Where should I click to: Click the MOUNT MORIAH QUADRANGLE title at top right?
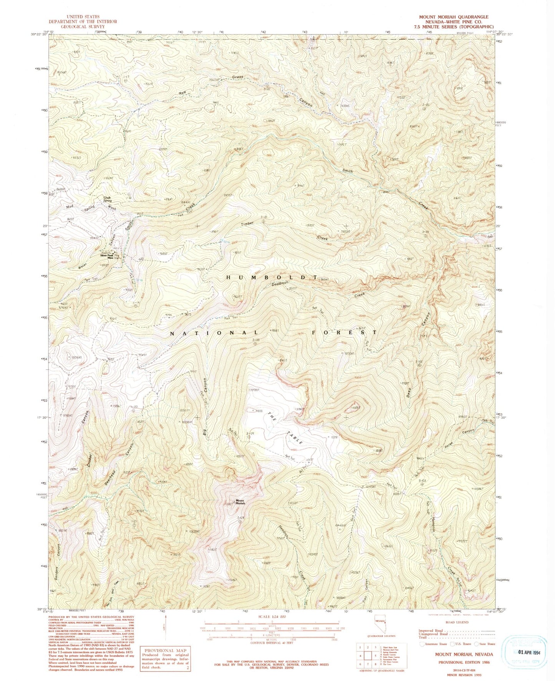tap(454, 17)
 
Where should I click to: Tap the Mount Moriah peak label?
tap(240, 502)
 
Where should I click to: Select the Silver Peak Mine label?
tap(107, 257)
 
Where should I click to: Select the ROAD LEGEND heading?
tap(456, 622)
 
